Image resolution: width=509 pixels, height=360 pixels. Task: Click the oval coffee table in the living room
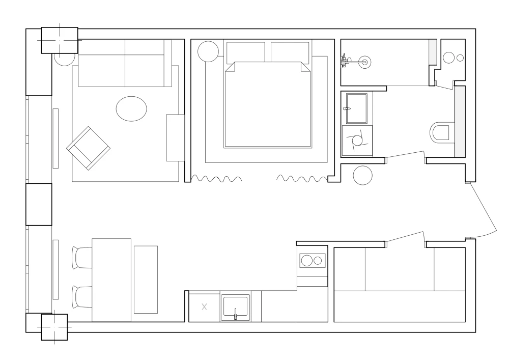point(131,108)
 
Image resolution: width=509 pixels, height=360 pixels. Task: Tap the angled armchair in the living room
point(88,148)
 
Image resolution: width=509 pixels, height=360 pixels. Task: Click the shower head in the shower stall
point(364,62)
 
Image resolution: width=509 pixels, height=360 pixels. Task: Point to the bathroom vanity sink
point(356,108)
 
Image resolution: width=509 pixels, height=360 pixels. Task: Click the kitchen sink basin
point(235,306)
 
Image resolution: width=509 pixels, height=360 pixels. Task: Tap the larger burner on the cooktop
point(307,261)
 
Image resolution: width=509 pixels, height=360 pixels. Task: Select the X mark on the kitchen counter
point(205,307)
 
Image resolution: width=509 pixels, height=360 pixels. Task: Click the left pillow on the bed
point(245,51)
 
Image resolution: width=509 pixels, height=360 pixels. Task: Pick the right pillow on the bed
point(290,51)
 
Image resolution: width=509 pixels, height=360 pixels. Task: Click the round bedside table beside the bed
point(208,51)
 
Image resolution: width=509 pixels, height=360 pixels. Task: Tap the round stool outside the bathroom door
point(363,176)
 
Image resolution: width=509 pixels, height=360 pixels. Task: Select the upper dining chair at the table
point(82,257)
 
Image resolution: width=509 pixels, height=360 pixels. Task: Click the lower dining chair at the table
point(82,296)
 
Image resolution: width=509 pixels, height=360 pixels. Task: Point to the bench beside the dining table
point(146,279)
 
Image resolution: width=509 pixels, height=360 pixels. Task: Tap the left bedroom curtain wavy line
point(216,179)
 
